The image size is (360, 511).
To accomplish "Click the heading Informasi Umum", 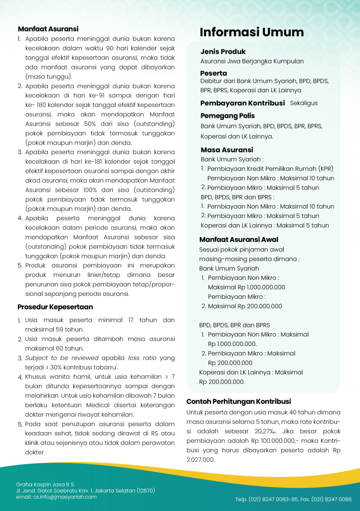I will click(252, 32).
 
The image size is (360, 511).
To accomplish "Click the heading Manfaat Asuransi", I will click(48, 29).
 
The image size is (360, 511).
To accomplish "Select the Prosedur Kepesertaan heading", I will click(55, 307).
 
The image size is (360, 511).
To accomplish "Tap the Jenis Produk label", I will click(223, 51).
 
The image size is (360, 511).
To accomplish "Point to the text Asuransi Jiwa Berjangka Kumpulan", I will click(252, 61).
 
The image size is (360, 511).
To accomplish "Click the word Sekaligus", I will click(304, 103).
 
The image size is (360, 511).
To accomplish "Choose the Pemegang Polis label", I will click(227, 116).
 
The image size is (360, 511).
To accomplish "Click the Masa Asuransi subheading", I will click(227, 150).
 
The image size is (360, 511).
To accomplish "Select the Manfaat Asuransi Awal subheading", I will click(239, 240).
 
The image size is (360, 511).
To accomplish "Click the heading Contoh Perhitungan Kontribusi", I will click(238, 401).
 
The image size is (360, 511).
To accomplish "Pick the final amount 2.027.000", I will click(200, 460).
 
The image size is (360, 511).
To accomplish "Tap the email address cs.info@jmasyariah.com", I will click(56, 497).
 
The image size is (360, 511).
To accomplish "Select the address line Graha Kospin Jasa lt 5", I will click(45, 484).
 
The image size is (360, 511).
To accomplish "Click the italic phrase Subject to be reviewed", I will click(56, 358).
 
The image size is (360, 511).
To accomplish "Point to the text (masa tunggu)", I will click(48, 76).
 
